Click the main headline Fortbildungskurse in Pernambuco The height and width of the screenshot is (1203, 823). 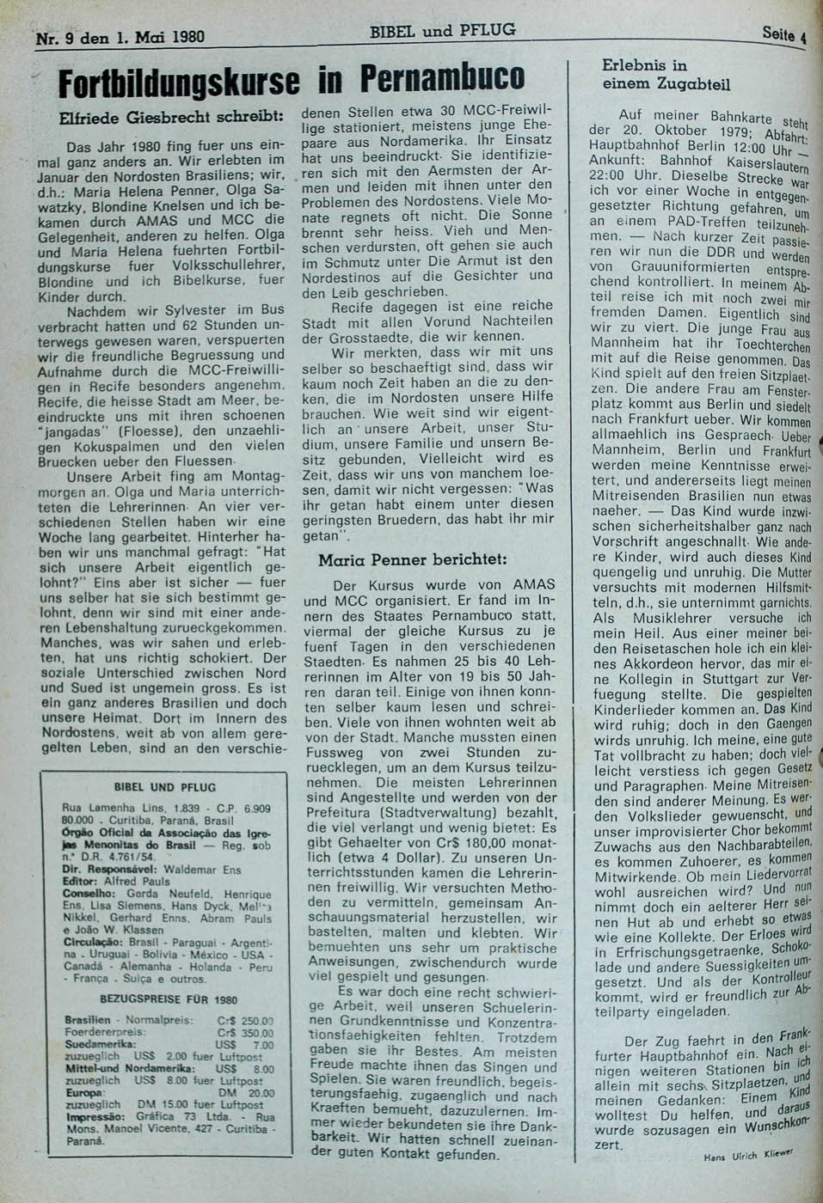click(x=290, y=80)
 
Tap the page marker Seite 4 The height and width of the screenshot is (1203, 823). click(x=783, y=35)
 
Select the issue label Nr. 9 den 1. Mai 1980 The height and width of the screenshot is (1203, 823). click(x=120, y=38)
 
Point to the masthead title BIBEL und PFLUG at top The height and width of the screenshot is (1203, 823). click(x=443, y=31)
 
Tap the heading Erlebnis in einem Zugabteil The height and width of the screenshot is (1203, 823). click(x=666, y=75)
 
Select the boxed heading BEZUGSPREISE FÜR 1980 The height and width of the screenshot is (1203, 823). click(x=169, y=999)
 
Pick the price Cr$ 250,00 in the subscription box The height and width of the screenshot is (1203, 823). click(x=246, y=1021)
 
